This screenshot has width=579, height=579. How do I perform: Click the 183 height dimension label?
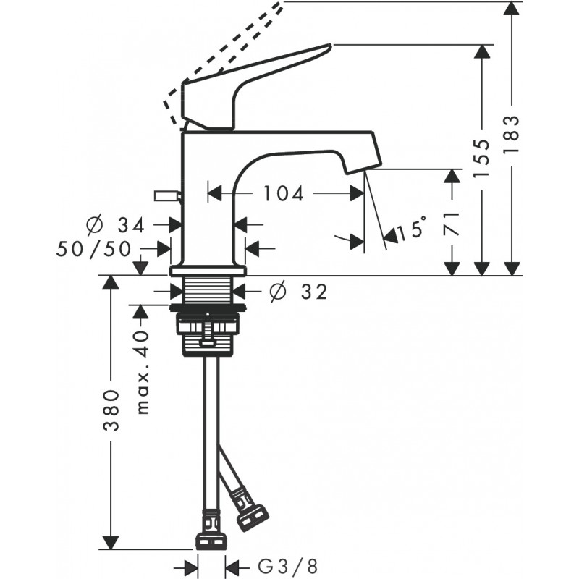(512, 135)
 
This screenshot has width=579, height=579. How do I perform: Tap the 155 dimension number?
(481, 159)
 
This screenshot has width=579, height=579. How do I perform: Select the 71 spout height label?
(452, 224)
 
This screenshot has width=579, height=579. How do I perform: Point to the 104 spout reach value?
(283, 193)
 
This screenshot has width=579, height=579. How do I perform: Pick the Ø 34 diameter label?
(114, 225)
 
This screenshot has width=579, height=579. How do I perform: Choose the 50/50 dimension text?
(94, 249)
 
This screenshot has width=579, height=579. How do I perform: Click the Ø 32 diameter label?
(298, 292)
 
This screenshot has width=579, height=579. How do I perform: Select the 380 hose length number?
(111, 410)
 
